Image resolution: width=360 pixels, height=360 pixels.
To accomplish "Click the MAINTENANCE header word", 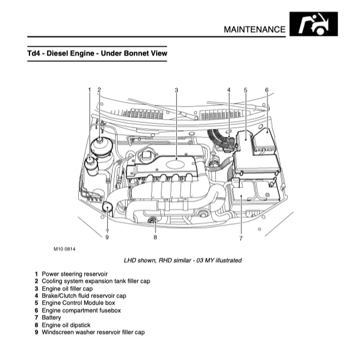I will tap(254, 29).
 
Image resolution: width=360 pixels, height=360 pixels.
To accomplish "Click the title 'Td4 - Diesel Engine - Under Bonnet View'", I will tap(97, 54).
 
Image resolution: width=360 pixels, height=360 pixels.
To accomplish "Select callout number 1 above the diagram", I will tap(89, 90).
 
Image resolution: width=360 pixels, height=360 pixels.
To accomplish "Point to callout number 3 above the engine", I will tap(177, 90).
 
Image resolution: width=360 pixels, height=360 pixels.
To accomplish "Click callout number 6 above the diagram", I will tap(266, 90).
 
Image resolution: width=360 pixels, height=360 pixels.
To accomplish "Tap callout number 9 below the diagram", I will tap(107, 237).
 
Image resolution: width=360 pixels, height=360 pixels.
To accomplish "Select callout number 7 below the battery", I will tap(240, 238).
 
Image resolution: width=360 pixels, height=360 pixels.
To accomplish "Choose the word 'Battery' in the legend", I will tap(52, 317).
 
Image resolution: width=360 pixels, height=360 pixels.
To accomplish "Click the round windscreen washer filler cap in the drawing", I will tap(107, 206).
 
